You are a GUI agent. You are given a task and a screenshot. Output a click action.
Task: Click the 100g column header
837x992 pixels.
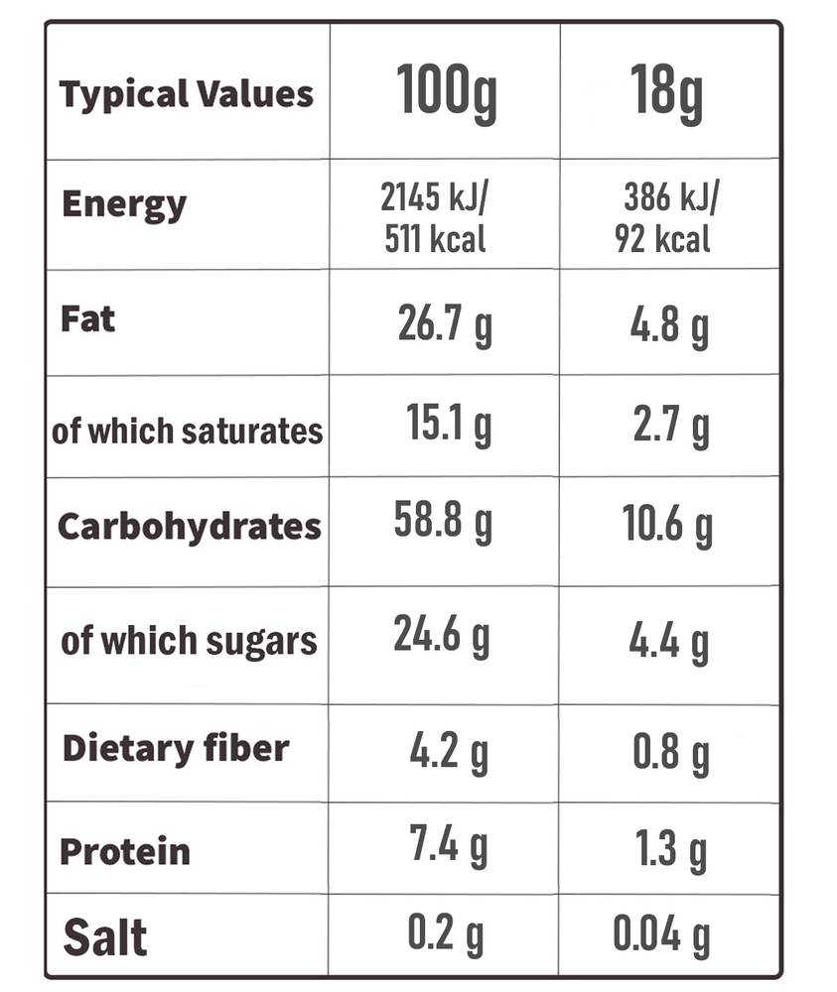click(x=447, y=93)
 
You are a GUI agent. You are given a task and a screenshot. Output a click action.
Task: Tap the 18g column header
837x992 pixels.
click(x=666, y=93)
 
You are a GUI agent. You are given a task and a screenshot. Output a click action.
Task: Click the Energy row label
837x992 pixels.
click(x=124, y=205)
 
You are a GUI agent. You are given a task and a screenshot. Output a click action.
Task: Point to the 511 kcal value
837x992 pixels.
click(x=435, y=239)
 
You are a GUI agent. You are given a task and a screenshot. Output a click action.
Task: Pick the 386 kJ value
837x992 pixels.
click(x=671, y=196)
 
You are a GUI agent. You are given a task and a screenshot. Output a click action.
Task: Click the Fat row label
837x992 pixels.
click(x=87, y=318)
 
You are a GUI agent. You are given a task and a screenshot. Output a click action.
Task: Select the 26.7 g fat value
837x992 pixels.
click(x=445, y=324)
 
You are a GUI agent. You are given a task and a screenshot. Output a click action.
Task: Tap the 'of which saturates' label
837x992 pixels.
click(x=188, y=432)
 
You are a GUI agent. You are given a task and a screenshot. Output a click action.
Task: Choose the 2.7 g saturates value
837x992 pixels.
click(x=671, y=426)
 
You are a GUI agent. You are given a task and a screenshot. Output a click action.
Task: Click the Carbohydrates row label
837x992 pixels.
click(x=190, y=528)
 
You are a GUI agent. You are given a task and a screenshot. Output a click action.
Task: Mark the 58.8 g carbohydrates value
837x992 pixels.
click(x=443, y=521)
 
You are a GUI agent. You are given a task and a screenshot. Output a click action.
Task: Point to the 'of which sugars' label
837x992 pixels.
click(x=189, y=642)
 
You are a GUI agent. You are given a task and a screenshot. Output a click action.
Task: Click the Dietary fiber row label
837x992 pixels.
click(x=176, y=748)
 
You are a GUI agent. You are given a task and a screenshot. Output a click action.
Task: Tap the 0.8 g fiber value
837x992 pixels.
click(x=670, y=753)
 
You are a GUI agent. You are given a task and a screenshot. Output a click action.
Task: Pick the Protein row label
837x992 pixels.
click(x=125, y=851)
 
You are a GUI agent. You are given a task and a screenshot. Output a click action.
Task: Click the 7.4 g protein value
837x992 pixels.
click(x=448, y=844)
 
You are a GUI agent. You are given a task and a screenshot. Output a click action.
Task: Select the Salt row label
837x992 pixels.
click(x=105, y=937)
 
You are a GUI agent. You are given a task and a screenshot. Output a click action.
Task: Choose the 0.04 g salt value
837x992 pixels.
click(x=661, y=934)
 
